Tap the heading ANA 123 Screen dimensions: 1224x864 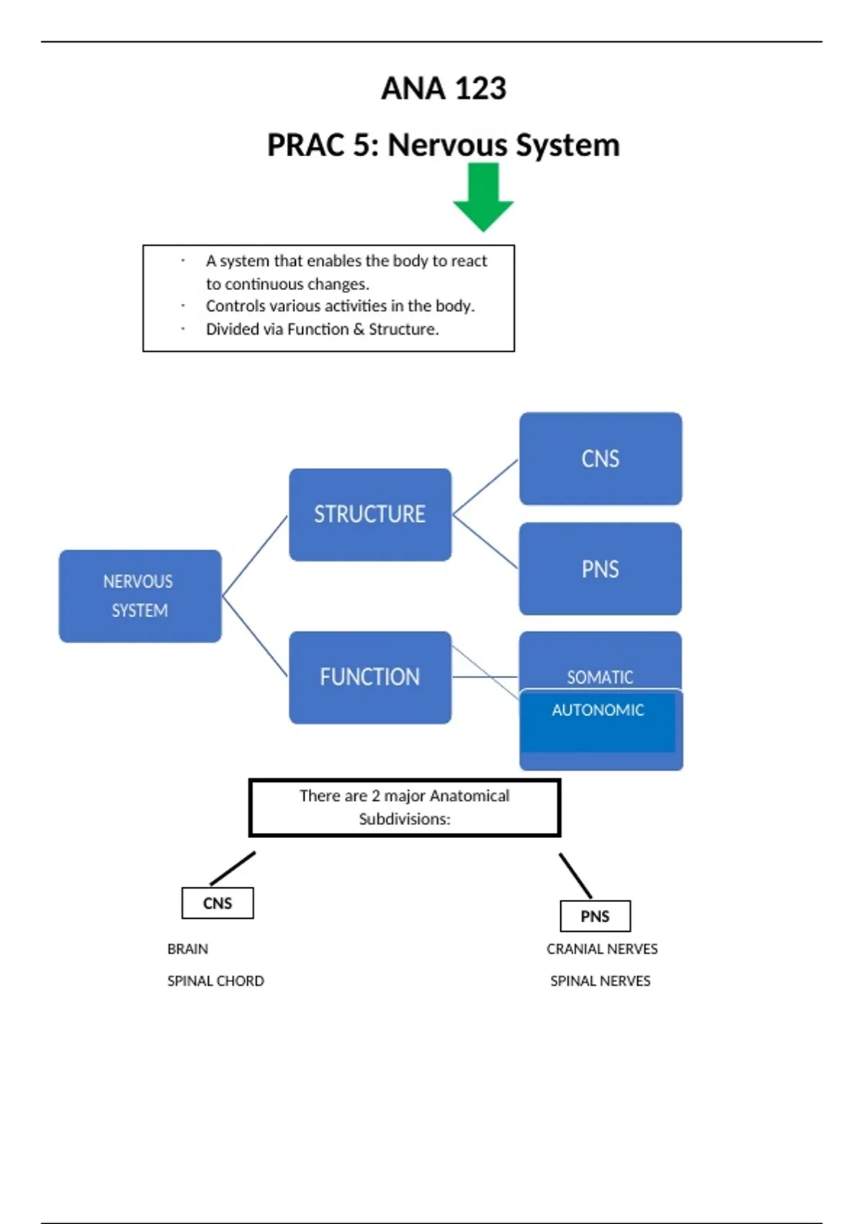(444, 89)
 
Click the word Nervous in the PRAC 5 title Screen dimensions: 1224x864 (448, 145)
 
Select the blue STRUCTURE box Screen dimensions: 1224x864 (370, 514)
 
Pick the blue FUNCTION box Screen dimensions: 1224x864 (370, 677)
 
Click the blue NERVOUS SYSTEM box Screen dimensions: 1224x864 (140, 595)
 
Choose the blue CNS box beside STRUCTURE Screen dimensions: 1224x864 (600, 459)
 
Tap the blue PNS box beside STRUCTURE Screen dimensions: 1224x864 (600, 569)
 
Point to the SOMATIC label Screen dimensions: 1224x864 (600, 677)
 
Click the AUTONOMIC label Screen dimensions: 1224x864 (598, 710)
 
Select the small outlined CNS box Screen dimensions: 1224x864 (217, 903)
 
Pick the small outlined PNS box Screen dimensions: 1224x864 (595, 916)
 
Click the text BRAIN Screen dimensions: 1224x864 (188, 949)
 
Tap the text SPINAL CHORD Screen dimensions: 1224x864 (215, 981)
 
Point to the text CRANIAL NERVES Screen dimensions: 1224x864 (602, 949)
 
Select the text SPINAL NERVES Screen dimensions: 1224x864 (600, 981)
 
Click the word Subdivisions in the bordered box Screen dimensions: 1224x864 (404, 819)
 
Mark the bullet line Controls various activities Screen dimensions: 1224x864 (340, 306)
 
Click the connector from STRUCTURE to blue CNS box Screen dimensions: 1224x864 (485, 487)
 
